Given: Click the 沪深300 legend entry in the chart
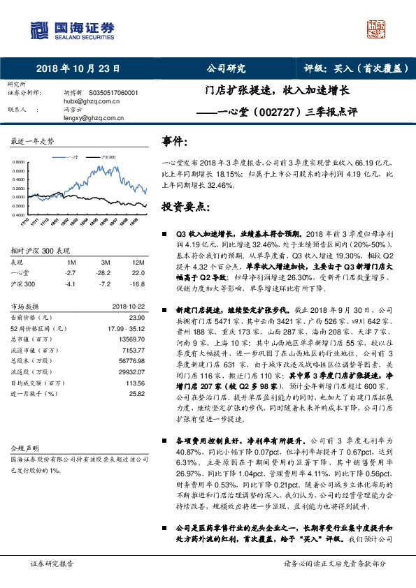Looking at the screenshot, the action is (x=106, y=157).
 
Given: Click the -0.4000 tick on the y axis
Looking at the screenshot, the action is (x=19, y=215).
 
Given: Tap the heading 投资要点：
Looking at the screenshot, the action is (x=186, y=207).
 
